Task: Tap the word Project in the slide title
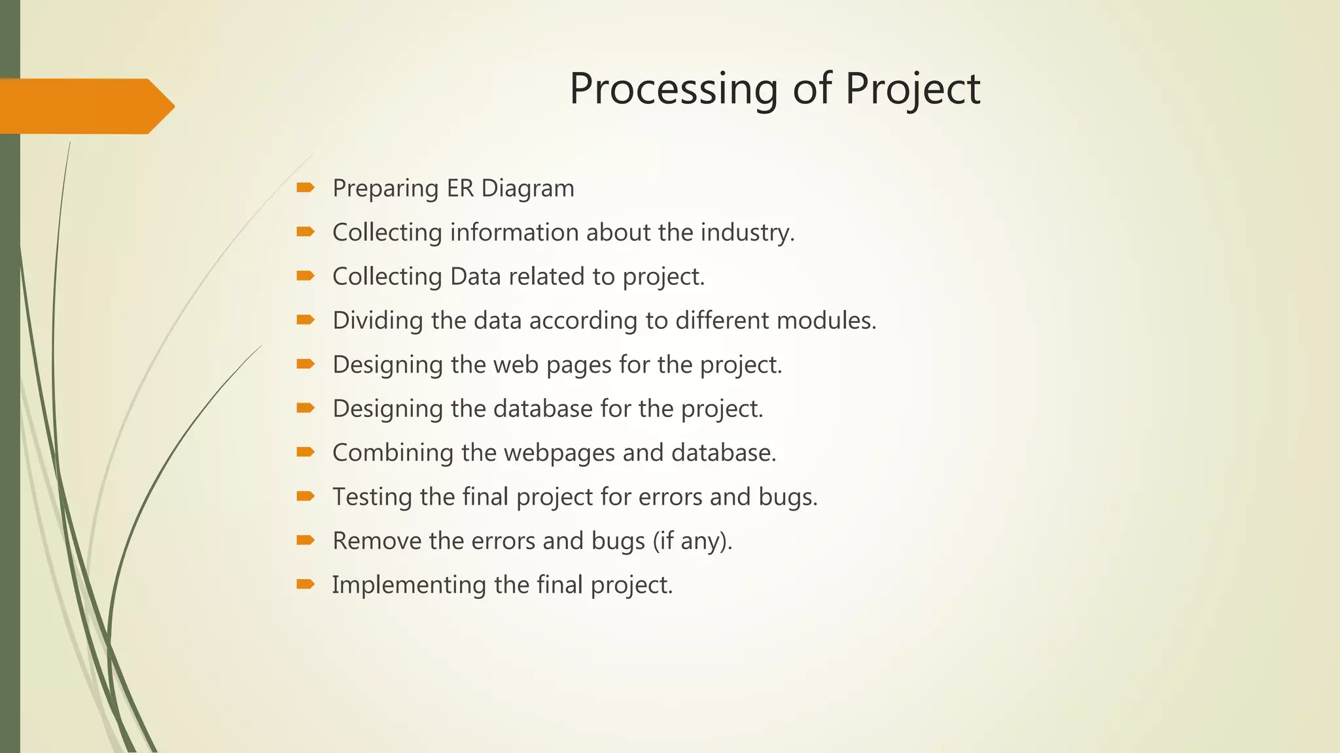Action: click(912, 89)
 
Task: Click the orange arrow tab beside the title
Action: click(85, 106)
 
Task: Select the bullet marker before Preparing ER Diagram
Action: click(305, 188)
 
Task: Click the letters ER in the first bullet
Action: click(460, 188)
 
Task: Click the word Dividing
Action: click(368, 320)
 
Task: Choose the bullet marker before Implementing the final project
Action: click(305, 584)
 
